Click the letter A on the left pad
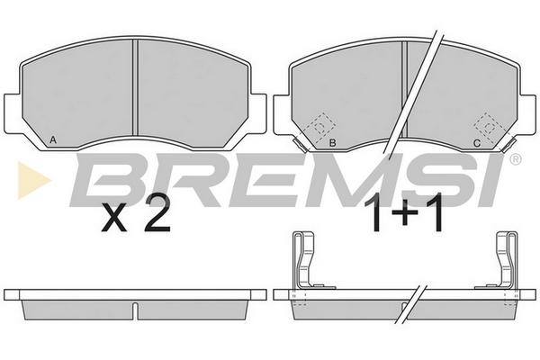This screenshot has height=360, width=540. coord(52,139)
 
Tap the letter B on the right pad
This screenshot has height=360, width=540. coord(332,142)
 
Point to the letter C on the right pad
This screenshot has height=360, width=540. coord(477,143)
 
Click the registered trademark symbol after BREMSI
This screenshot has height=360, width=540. coord(515,159)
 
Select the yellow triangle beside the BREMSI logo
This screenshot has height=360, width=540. coord(32,180)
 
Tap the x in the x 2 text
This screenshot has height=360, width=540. coord(114,219)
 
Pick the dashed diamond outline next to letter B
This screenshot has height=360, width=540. coord(320,127)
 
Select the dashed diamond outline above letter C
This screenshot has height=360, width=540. coord(489,128)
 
